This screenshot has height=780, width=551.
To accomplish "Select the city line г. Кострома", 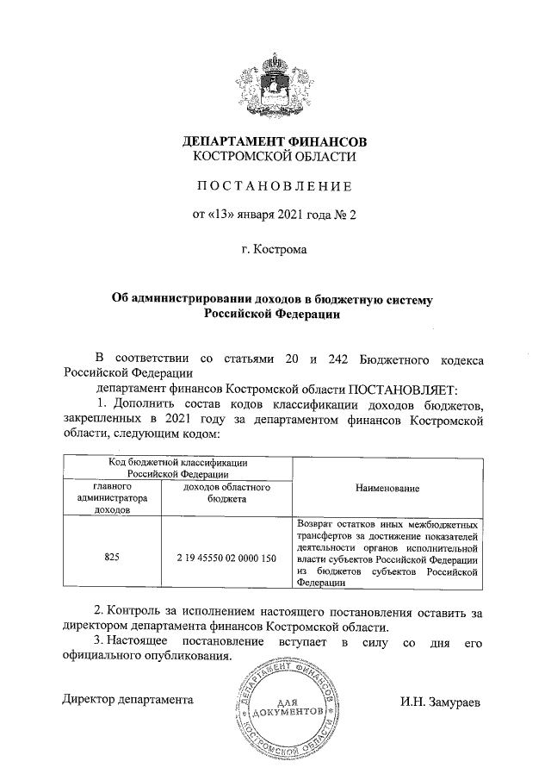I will click(x=274, y=251).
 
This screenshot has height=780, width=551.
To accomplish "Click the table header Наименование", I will click(x=387, y=488).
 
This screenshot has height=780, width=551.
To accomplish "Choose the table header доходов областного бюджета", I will click(x=227, y=493).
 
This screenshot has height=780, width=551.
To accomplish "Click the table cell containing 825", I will click(x=112, y=558).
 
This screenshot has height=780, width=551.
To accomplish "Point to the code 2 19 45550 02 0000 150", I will click(x=227, y=558).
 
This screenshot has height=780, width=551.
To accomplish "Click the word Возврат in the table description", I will click(x=315, y=523).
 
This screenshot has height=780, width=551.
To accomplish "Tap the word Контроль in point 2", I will click(x=147, y=612).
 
